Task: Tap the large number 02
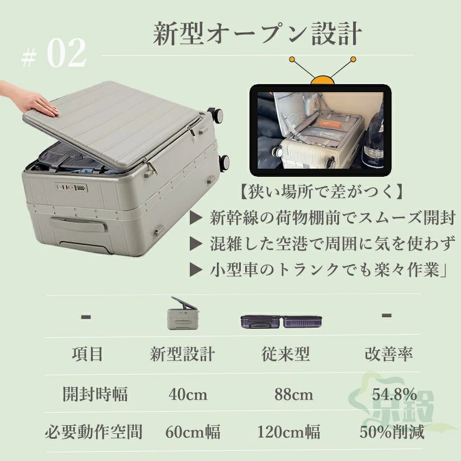[67, 53]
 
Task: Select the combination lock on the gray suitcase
[72, 188]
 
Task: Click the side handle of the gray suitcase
[78, 225]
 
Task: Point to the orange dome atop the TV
[323, 80]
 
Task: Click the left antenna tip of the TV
[292, 60]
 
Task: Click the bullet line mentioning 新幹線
[323, 218]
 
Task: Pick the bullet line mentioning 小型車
[318, 270]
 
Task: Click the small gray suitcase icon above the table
[183, 313]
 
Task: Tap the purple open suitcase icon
[281, 322]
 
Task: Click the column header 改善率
[389, 354]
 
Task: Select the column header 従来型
[285, 354]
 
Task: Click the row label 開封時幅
[95, 394]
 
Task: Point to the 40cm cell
[188, 394]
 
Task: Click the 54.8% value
[394, 394]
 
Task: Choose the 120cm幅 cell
[289, 432]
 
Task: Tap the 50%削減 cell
[392, 432]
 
